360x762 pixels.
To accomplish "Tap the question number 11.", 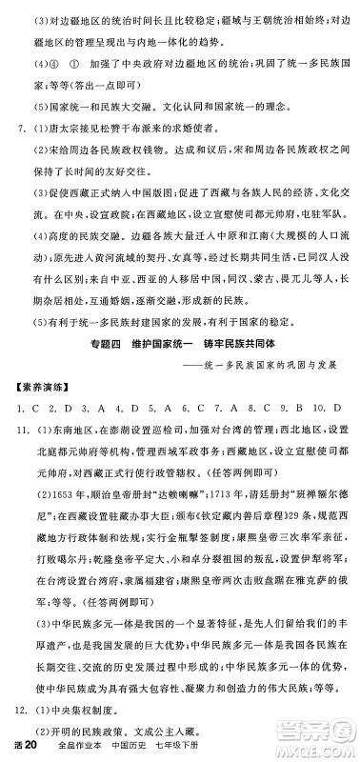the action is point(17,403).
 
